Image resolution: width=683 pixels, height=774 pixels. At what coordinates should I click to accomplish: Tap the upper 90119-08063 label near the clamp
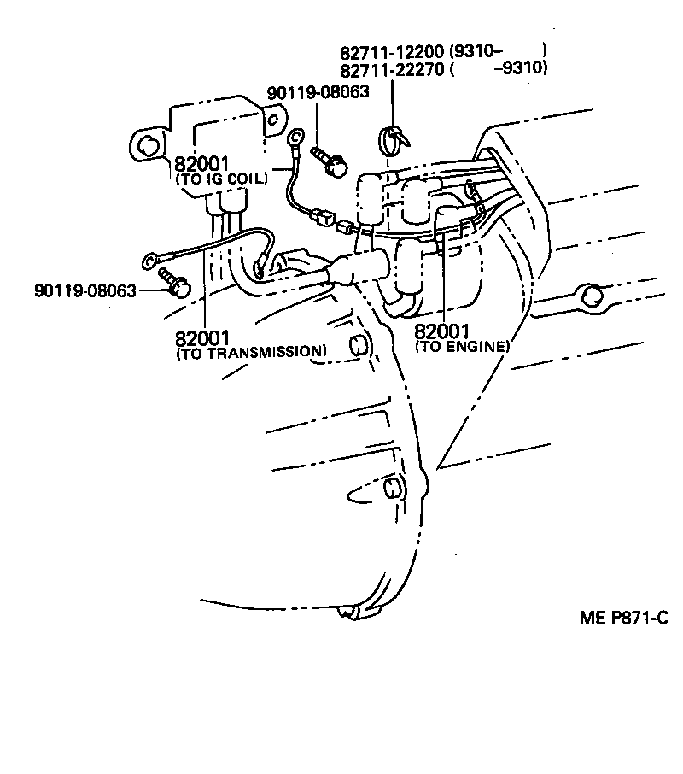point(318,91)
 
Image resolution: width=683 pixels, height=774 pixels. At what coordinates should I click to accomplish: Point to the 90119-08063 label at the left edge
point(85,290)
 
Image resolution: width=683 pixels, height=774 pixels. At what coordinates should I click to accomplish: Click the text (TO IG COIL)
point(221,179)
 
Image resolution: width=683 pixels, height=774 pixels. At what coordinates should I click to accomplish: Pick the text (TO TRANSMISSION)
point(251,351)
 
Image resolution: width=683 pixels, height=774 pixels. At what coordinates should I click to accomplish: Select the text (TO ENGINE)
point(462,346)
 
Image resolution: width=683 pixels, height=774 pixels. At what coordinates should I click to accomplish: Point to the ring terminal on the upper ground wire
point(296,136)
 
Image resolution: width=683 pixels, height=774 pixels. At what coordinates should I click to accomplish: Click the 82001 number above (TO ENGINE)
point(442,331)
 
